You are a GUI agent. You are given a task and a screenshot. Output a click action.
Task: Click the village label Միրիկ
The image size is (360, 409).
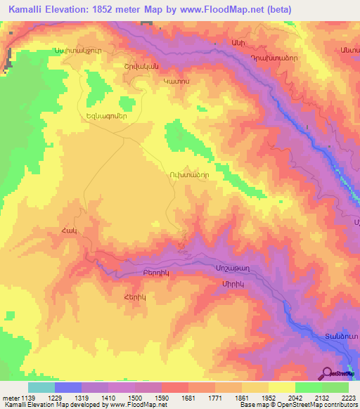click(232, 283)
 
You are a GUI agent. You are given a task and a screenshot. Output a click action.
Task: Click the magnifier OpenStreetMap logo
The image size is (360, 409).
click(328, 374)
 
